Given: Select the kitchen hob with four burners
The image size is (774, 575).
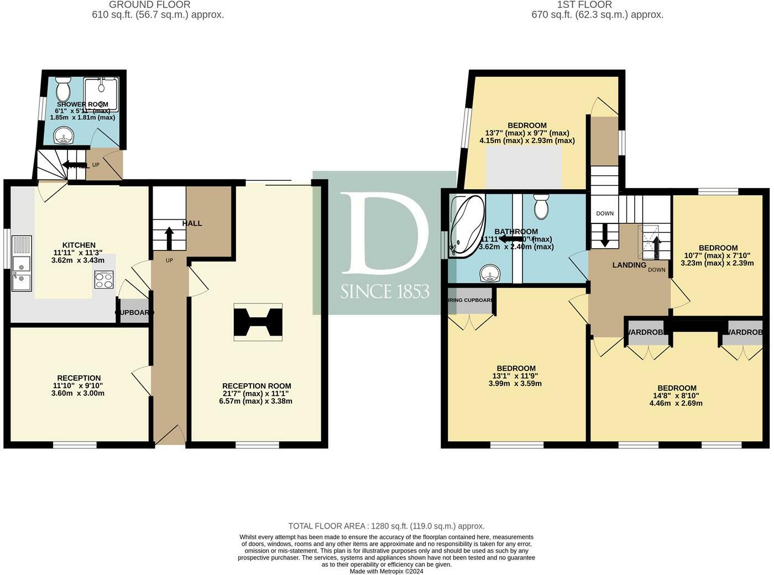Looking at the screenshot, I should tap(104, 279).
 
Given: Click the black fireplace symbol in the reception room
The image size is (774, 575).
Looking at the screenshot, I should tap(258, 321).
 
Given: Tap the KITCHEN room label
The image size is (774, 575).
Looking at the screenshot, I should tap(79, 245).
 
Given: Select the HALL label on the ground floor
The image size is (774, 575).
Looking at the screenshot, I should tap(192, 223).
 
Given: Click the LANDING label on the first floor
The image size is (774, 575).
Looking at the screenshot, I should tap(629, 265).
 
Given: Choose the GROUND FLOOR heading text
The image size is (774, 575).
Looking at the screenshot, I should tap(150, 5).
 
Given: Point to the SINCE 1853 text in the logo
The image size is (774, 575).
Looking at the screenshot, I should tap(385, 292).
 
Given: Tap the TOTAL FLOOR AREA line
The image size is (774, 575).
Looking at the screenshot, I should tap(386, 526).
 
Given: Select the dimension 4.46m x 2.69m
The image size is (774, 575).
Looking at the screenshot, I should tap(676, 403).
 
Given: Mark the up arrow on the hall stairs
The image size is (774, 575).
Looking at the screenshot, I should tap(169, 238).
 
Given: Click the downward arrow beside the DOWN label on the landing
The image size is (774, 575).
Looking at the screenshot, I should tap(604, 234).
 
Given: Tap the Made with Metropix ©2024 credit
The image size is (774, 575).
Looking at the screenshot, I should tap(386, 571).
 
